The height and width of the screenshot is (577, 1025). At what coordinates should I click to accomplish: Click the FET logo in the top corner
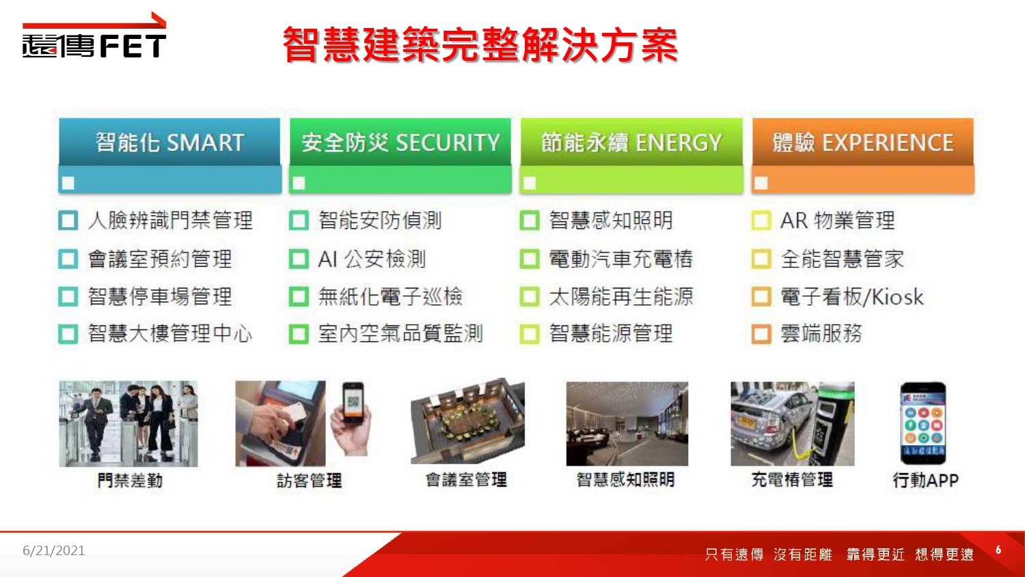coord(94,36)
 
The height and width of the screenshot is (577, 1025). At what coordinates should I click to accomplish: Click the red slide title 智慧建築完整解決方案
coord(480,44)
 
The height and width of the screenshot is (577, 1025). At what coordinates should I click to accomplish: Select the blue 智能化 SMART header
coord(169,142)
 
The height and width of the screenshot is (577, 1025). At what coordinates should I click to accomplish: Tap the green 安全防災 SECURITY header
coord(400,142)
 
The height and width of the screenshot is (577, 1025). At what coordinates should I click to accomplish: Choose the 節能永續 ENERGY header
coord(631,142)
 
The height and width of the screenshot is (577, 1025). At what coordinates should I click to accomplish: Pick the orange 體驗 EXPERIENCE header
coord(863,142)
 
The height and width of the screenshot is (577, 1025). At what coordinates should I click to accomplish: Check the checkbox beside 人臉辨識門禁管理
coord(68,220)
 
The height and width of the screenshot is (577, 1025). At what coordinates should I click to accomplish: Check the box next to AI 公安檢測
coord(299,258)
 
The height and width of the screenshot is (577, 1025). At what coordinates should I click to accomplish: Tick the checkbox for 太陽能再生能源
coord(530,296)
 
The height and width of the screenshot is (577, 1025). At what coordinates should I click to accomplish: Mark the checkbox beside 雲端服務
coord(761,334)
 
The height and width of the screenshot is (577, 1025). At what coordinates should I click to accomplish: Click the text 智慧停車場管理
coord(160,296)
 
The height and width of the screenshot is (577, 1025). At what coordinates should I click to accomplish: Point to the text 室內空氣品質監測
coord(401,334)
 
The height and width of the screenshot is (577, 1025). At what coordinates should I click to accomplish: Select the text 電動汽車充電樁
coord(621,258)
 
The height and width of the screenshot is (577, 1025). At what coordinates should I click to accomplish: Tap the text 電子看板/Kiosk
coord(852,296)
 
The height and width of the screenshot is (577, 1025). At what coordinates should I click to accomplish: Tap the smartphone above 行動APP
coord(923,423)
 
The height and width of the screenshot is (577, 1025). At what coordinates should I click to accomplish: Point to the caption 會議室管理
coord(466,480)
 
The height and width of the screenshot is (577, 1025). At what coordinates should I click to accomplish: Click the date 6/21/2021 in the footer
coord(54,550)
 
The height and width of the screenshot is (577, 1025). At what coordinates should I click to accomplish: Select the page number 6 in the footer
coord(998,550)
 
